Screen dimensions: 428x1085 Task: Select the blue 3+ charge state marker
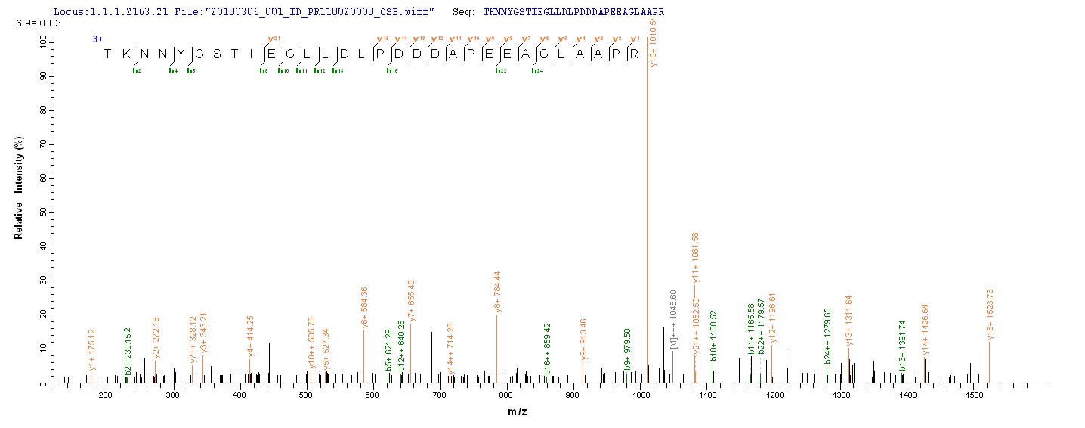97,38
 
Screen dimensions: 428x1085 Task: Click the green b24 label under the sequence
537,71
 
